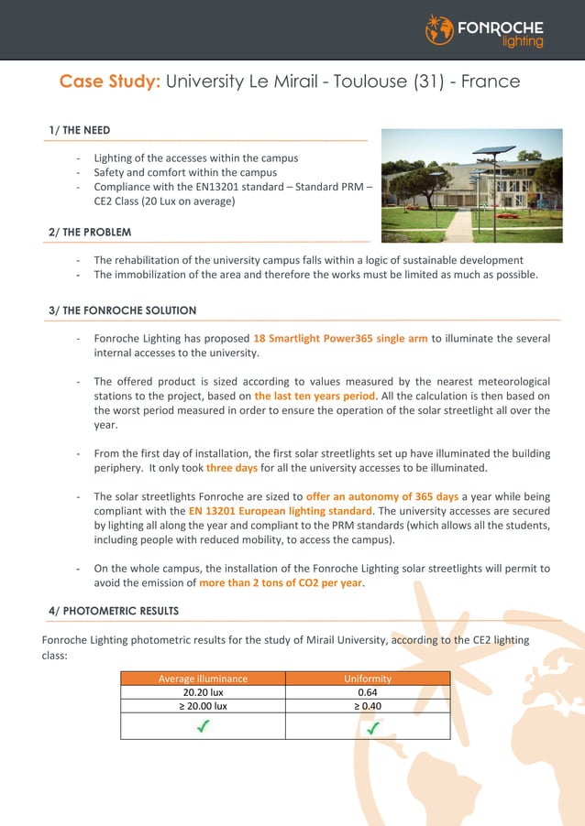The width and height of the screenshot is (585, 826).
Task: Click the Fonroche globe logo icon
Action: coord(439,29)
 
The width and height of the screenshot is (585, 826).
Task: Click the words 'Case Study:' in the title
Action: coord(110,82)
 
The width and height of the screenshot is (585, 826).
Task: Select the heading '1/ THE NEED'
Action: coord(80,131)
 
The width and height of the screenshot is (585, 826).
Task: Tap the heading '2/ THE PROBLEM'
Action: coord(90,233)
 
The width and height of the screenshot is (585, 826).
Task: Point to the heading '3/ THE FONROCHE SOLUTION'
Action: coord(123,310)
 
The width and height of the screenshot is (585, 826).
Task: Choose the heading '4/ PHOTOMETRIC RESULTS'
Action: coord(114,611)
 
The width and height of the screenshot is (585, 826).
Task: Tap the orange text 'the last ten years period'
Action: coord(315,397)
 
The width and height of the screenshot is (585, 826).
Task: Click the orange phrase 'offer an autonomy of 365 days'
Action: coord(382,496)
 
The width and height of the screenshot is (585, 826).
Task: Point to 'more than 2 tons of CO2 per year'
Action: coord(281,582)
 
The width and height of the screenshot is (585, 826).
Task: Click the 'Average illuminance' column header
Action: coord(203,679)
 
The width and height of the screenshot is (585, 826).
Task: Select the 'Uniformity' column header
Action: coord(368,679)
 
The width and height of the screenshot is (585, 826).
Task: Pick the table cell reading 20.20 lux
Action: coord(203,692)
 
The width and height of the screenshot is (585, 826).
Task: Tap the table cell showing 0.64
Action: coord(368,692)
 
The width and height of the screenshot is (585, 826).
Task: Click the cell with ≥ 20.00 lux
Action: coord(203,706)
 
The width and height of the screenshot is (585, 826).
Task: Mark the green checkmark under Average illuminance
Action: coord(203,726)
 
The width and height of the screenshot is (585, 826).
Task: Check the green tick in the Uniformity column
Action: coord(373,727)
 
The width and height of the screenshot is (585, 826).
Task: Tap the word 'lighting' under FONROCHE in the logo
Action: coord(523,41)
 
